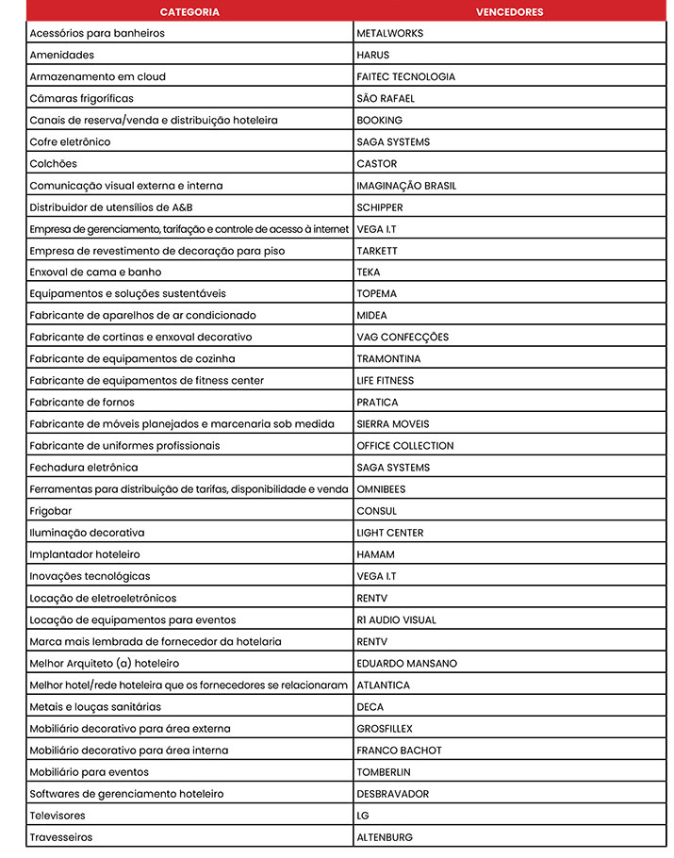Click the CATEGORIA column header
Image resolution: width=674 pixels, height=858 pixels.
click(189, 12)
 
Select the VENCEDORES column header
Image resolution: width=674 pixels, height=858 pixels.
click(509, 12)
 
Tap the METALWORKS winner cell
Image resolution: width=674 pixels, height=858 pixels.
click(390, 33)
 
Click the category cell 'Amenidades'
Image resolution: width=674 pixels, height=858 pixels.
click(62, 55)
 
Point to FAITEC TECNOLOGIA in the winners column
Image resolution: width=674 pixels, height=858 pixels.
click(405, 76)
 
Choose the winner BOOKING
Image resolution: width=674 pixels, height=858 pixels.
click(379, 120)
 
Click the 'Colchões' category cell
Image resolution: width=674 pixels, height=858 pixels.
click(54, 163)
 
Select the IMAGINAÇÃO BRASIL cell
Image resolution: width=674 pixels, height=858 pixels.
click(406, 186)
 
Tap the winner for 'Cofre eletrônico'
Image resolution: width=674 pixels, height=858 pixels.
click(393, 141)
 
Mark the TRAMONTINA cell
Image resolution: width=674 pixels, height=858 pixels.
click(388, 358)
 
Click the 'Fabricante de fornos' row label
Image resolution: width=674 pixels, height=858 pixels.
click(82, 403)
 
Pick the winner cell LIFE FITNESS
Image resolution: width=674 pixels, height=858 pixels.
click(385, 381)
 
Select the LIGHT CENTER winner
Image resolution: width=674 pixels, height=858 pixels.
click(390, 533)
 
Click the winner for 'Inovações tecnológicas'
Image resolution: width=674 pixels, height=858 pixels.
click(376, 576)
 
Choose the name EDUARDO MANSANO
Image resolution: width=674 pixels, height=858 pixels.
click(406, 663)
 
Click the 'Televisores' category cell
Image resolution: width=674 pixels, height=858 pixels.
click(58, 816)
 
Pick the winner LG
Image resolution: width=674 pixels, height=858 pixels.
click(363, 816)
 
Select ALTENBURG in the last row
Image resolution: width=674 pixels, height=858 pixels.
click(385, 837)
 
